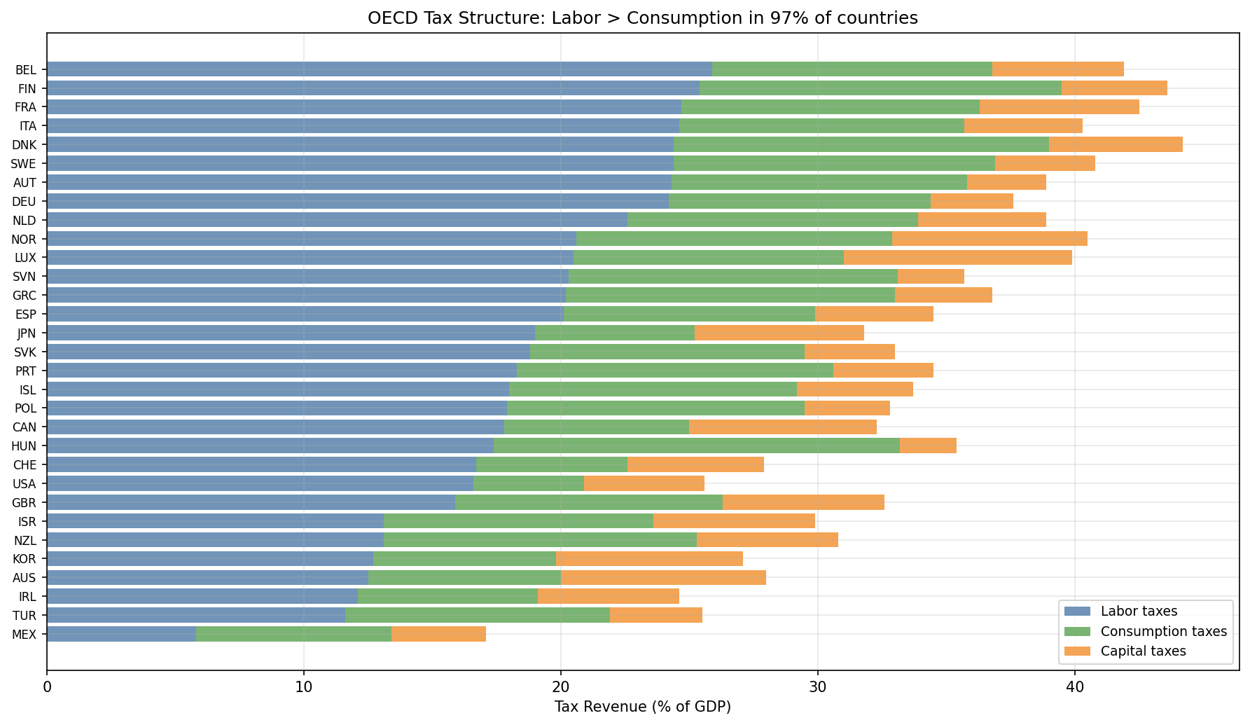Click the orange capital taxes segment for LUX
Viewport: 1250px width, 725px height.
click(957, 258)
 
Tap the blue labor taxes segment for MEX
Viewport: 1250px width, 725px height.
click(121, 634)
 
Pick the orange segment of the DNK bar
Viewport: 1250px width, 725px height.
click(1116, 144)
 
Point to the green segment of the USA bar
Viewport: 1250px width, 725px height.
click(529, 483)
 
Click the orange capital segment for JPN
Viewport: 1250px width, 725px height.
click(779, 333)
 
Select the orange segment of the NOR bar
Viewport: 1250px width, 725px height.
click(989, 239)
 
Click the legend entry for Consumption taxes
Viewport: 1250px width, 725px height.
click(1163, 631)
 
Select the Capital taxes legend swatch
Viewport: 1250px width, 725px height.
click(1078, 651)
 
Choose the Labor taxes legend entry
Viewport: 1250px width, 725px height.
click(1139, 612)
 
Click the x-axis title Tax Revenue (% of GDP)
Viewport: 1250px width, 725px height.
click(642, 706)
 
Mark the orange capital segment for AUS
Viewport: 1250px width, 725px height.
click(663, 577)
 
